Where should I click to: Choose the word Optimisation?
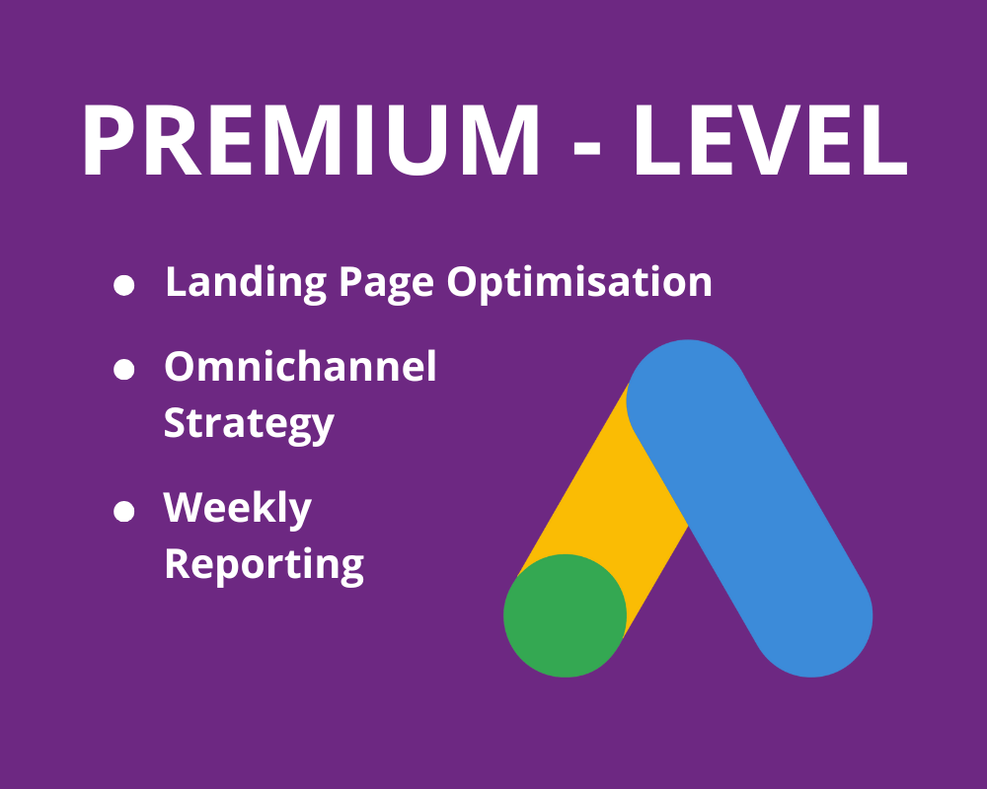click(x=579, y=283)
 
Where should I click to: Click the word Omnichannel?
click(x=300, y=368)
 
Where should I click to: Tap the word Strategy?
click(x=249, y=425)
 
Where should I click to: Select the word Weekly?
click(x=237, y=509)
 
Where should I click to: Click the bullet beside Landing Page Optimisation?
click(x=123, y=286)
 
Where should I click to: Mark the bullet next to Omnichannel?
click(x=123, y=371)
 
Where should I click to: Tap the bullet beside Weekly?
click(x=123, y=511)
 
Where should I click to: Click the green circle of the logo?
click(x=565, y=615)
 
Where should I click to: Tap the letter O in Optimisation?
click(x=463, y=283)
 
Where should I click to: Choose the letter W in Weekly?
click(x=185, y=508)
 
